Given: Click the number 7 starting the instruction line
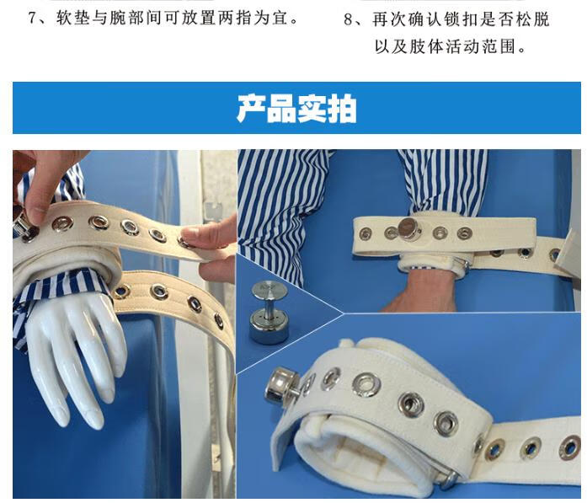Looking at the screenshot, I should click(34, 18).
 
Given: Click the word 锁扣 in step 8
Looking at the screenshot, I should click(462, 19).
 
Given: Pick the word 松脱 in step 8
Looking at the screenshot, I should click(535, 19).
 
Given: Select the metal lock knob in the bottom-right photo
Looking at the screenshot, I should click(280, 386).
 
